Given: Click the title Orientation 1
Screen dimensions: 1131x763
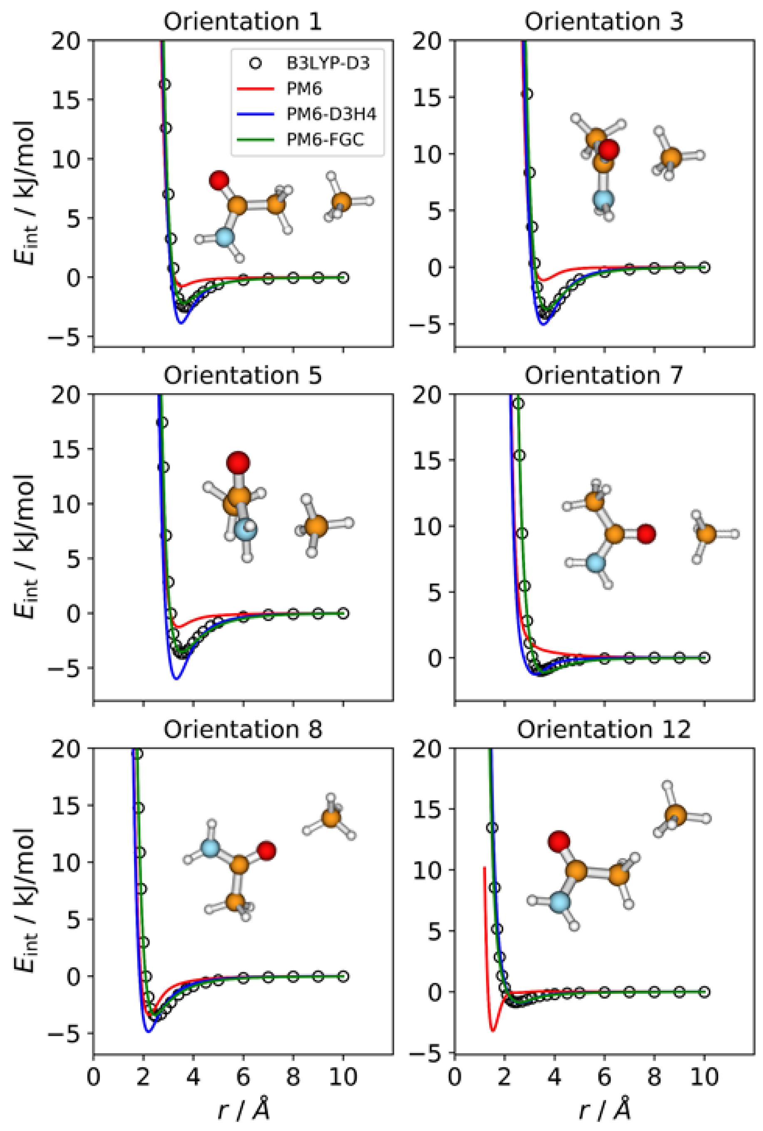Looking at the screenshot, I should point(242,22).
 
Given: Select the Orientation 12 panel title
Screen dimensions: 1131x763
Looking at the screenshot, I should point(604,729).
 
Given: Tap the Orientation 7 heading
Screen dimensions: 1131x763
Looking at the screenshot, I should point(604,375).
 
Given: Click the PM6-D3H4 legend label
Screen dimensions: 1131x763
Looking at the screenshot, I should point(331,115).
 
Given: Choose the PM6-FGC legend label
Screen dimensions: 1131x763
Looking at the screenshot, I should point(325,140).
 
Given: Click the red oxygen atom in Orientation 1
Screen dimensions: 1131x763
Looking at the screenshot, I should point(219,180).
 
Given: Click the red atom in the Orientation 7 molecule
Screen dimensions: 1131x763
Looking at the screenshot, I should point(646,534).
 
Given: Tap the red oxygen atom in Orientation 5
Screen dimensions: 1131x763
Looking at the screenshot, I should point(238,462).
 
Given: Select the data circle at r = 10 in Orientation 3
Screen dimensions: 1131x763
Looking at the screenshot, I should point(704,267).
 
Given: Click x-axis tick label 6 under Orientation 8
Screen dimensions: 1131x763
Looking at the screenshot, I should point(243,1078).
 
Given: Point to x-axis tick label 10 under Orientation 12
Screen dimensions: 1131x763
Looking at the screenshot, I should point(703,1078).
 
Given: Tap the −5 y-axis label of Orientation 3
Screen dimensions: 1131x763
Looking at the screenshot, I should point(425,324).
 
